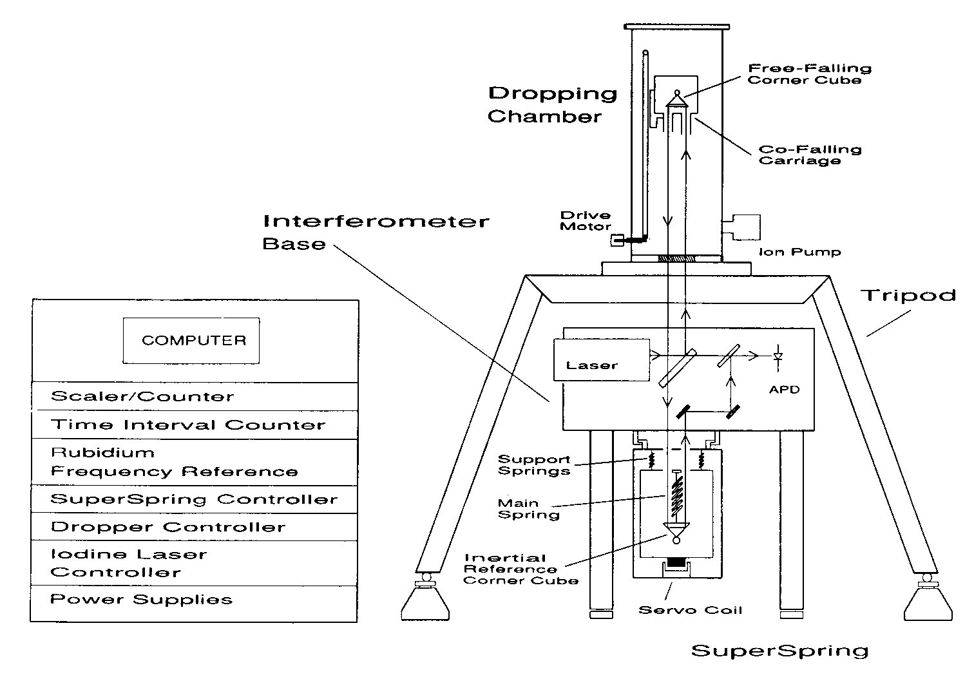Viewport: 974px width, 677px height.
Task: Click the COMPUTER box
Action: point(191,340)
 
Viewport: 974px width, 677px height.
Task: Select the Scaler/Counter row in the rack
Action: point(193,396)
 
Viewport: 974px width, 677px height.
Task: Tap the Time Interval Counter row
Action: point(193,425)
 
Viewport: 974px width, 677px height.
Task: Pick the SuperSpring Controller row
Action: point(193,499)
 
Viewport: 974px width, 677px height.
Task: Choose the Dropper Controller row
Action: point(193,527)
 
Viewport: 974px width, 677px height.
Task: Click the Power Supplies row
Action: point(193,600)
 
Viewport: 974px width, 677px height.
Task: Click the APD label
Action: point(784,390)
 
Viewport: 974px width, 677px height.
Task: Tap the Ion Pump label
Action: point(799,252)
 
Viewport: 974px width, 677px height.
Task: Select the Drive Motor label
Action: point(585,221)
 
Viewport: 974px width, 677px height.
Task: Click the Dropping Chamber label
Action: point(552,104)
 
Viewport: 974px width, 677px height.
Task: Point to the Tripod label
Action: point(908,295)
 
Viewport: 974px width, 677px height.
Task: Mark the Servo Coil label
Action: point(690,609)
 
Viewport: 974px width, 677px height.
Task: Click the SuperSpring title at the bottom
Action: point(779,651)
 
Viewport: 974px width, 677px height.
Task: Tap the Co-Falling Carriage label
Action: point(809,155)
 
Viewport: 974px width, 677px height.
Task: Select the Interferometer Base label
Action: point(376,232)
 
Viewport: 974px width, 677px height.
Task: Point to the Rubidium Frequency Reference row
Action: point(193,462)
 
